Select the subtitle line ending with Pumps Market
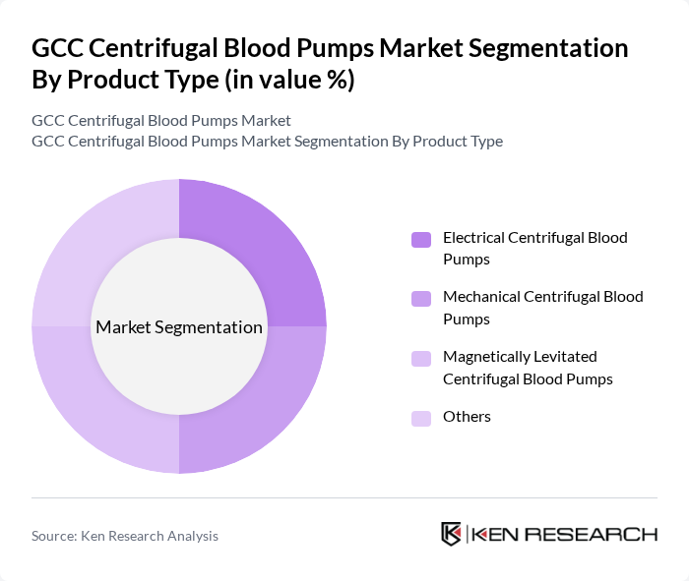click(x=161, y=120)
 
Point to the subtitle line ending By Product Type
click(x=267, y=141)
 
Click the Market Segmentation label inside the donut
click(x=178, y=327)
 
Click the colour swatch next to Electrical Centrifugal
click(x=421, y=239)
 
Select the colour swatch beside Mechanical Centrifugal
click(x=421, y=298)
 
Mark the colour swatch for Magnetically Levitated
click(x=421, y=359)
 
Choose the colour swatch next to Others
click(x=421, y=418)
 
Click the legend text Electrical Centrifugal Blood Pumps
click(x=534, y=248)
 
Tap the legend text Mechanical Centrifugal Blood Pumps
click(x=542, y=307)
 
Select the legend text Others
click(x=467, y=417)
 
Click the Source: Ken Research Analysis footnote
click(x=125, y=536)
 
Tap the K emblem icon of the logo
click(x=451, y=534)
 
